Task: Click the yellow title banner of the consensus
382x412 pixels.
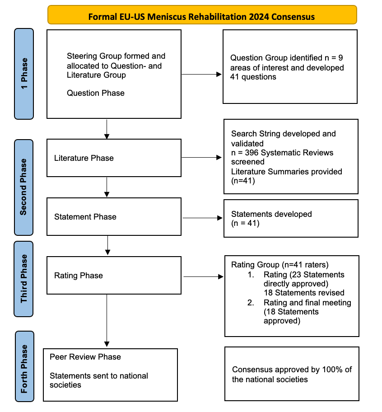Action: point(202,15)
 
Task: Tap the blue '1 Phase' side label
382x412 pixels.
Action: point(24,74)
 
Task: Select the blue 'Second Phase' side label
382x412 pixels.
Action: point(23,187)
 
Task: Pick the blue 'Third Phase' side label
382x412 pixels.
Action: point(23,279)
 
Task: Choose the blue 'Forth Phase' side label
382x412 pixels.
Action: point(24,366)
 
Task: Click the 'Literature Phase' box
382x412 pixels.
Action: point(114,158)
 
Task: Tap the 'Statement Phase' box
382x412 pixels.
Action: point(114,216)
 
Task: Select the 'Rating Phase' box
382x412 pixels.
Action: point(114,276)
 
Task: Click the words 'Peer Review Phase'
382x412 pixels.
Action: point(85,357)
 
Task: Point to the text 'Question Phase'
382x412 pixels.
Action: point(96,93)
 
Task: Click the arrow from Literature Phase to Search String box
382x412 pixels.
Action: point(202,157)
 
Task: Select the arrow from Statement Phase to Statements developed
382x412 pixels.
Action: point(202,218)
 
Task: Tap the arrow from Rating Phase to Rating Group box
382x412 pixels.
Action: point(204,276)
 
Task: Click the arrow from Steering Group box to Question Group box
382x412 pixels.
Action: point(202,75)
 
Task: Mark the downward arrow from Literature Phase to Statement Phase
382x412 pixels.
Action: point(107,187)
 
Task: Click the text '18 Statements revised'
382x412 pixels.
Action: point(304,293)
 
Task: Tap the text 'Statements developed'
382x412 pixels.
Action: point(271,214)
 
